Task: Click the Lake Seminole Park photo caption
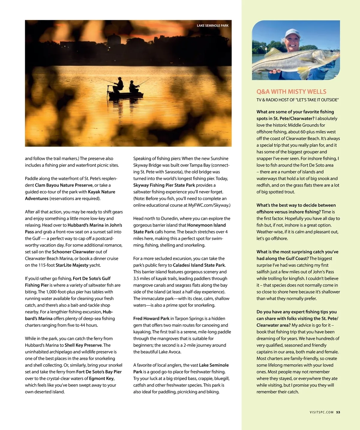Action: click(212, 26)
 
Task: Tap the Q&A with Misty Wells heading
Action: click(291, 92)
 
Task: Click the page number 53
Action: click(338, 412)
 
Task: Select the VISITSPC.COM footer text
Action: click(321, 412)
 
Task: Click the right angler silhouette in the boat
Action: click(133, 86)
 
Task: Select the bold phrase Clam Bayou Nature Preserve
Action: click(64, 185)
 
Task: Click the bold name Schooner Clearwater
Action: click(73, 252)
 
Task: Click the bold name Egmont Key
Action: click(101, 378)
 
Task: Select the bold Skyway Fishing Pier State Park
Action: click(164, 185)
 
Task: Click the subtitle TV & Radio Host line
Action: click(297, 100)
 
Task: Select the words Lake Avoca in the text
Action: click(170, 352)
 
